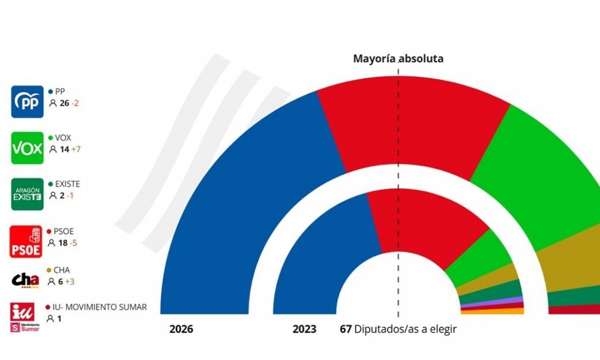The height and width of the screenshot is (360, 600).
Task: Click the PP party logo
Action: [28, 101]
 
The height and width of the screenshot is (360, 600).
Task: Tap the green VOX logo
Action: [28, 148]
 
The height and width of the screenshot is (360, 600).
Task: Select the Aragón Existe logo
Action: [28, 194]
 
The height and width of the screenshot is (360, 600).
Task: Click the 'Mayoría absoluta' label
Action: [398, 59]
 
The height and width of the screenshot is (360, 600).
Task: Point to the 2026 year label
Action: [181, 329]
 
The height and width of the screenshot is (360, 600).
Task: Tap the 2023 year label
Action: [305, 329]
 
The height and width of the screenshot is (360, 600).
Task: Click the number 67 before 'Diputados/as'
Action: [345, 329]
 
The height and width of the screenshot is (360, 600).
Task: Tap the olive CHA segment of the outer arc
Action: [570, 258]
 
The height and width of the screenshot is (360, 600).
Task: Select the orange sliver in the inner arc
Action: [492, 311]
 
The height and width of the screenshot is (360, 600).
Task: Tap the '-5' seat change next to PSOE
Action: [74, 242]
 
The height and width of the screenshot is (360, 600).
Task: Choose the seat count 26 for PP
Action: [64, 103]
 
